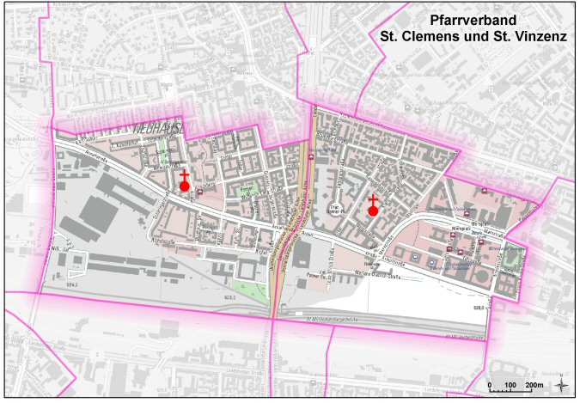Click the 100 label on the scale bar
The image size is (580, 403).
(510, 385)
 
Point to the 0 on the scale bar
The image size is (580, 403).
(489, 385)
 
